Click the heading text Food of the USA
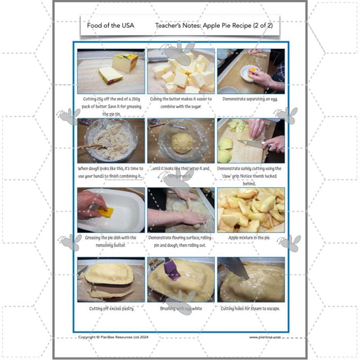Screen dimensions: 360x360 point(111,26)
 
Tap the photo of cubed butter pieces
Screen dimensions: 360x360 point(181,71)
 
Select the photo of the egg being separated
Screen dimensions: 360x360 point(251,71)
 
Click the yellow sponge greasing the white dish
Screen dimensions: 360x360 point(105,211)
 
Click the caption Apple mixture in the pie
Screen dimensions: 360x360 point(251,237)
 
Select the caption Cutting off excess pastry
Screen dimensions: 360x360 point(111,309)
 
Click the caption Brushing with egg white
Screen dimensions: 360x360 point(181,309)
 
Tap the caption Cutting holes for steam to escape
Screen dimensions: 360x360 point(251,309)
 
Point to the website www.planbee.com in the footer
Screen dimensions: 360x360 point(265,337)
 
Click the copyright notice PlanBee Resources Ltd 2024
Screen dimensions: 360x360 point(113,337)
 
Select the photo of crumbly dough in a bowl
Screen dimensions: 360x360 point(111,140)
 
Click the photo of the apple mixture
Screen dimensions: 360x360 point(251,210)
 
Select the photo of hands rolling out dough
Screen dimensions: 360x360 point(181,210)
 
